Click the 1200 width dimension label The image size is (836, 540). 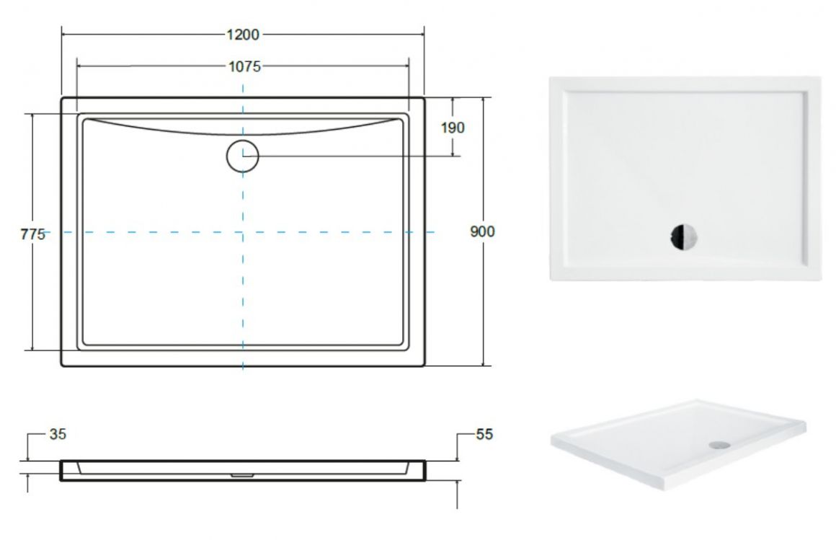[x=243, y=35]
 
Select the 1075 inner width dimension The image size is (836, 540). [x=245, y=67]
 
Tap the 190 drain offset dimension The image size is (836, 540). [x=453, y=128]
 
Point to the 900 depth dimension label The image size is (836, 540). [x=483, y=231]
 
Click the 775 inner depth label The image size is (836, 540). [x=33, y=234]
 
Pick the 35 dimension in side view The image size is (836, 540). [x=58, y=434]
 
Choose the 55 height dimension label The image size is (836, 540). [x=484, y=434]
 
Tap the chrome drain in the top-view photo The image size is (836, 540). [x=683, y=236]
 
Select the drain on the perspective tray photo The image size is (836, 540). [x=720, y=443]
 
